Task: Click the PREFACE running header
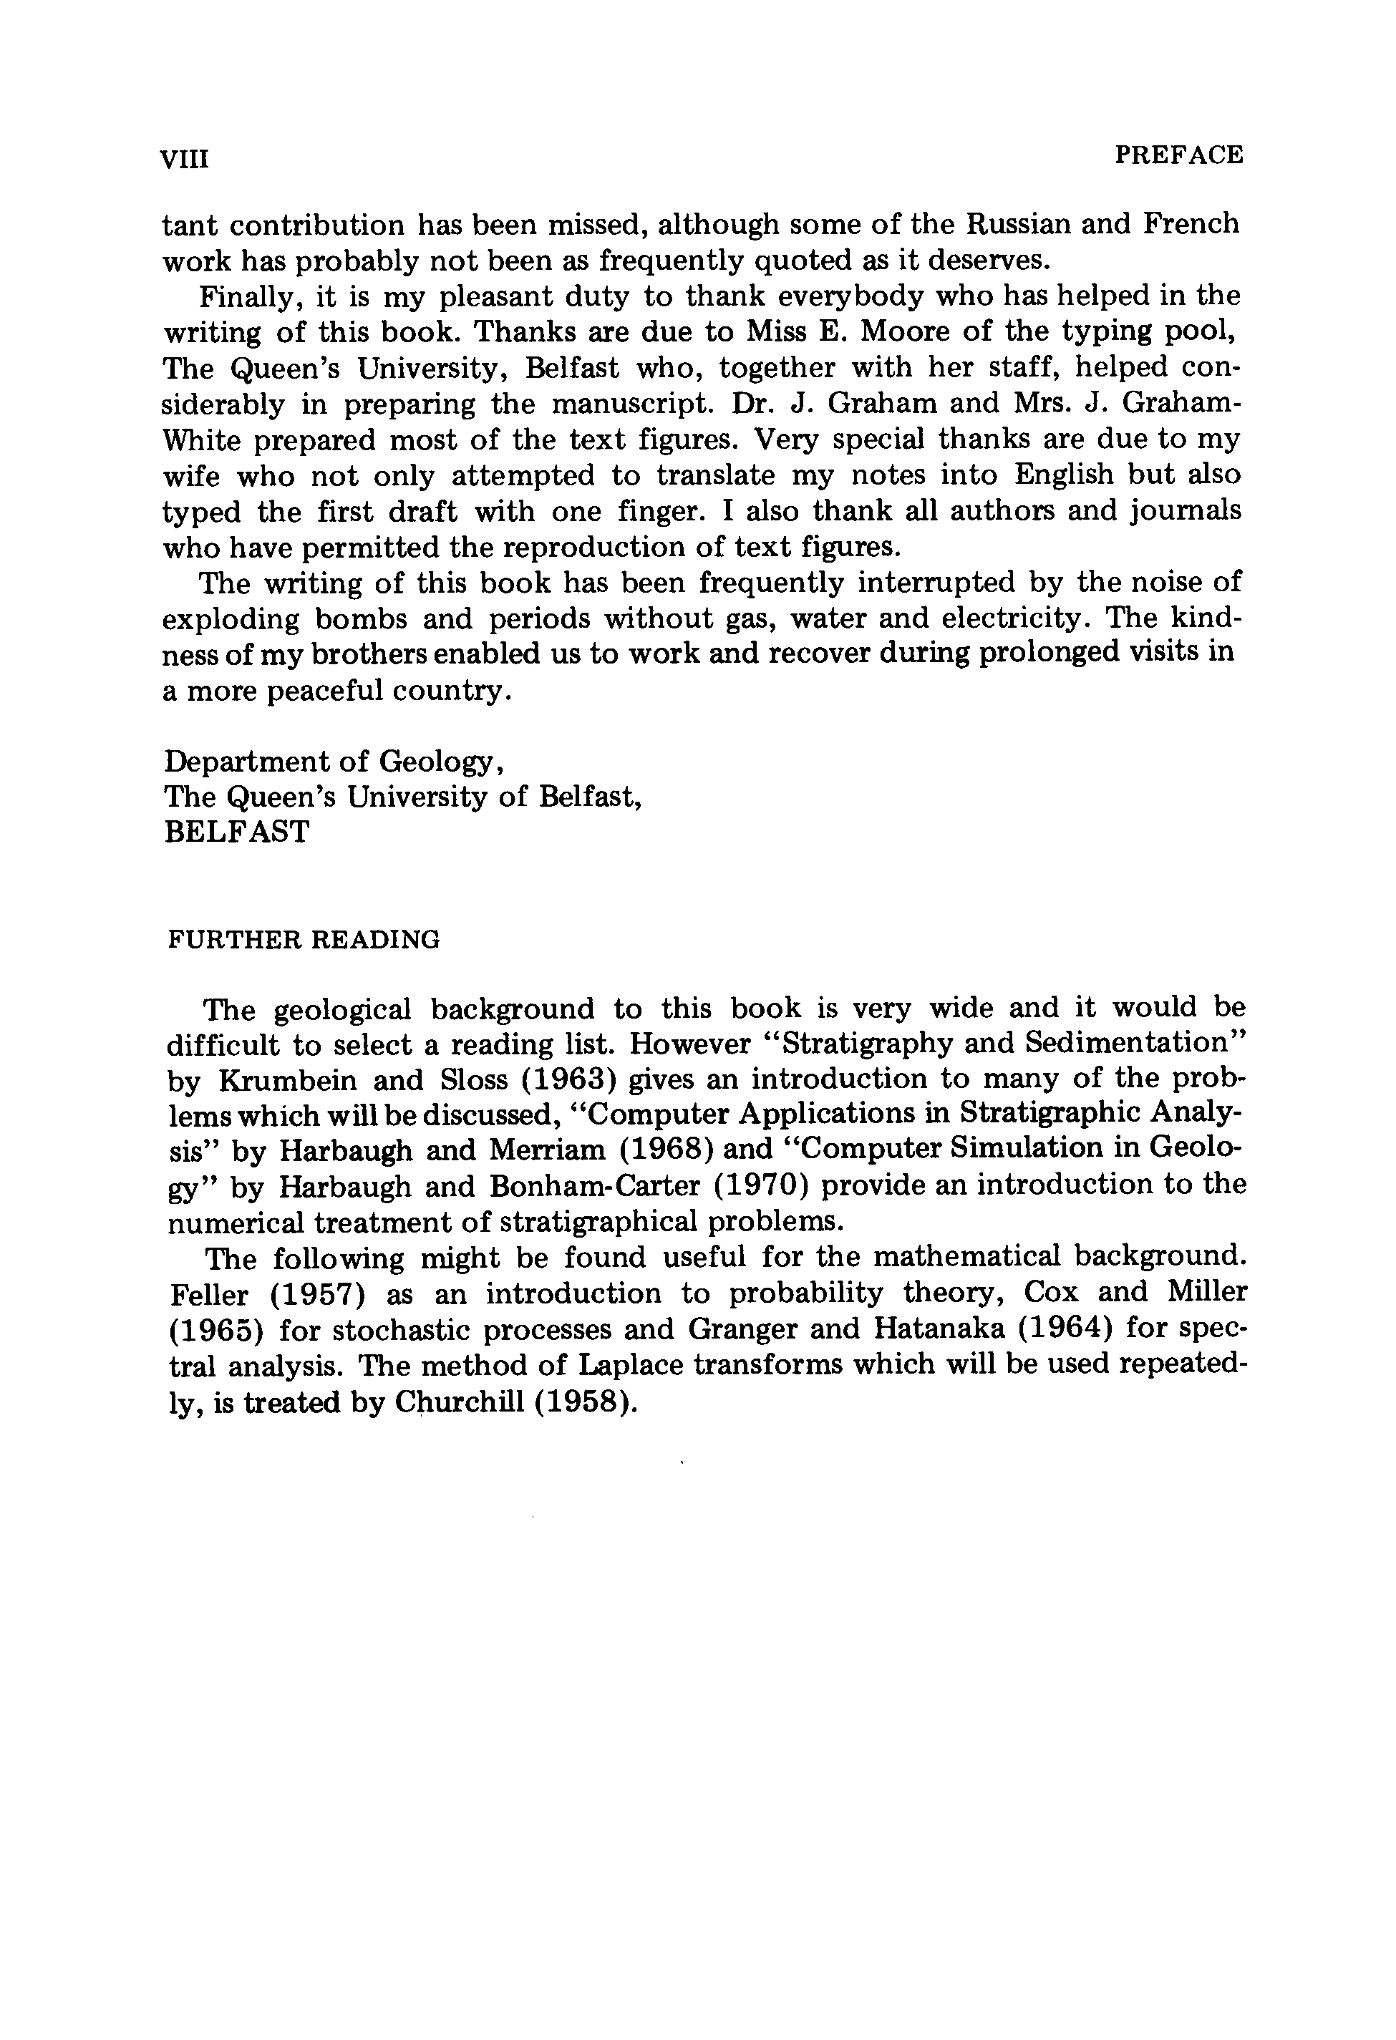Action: (x=1179, y=155)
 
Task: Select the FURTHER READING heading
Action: (x=303, y=940)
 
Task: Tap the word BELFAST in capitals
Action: (x=237, y=831)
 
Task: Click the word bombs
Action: (x=361, y=619)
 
